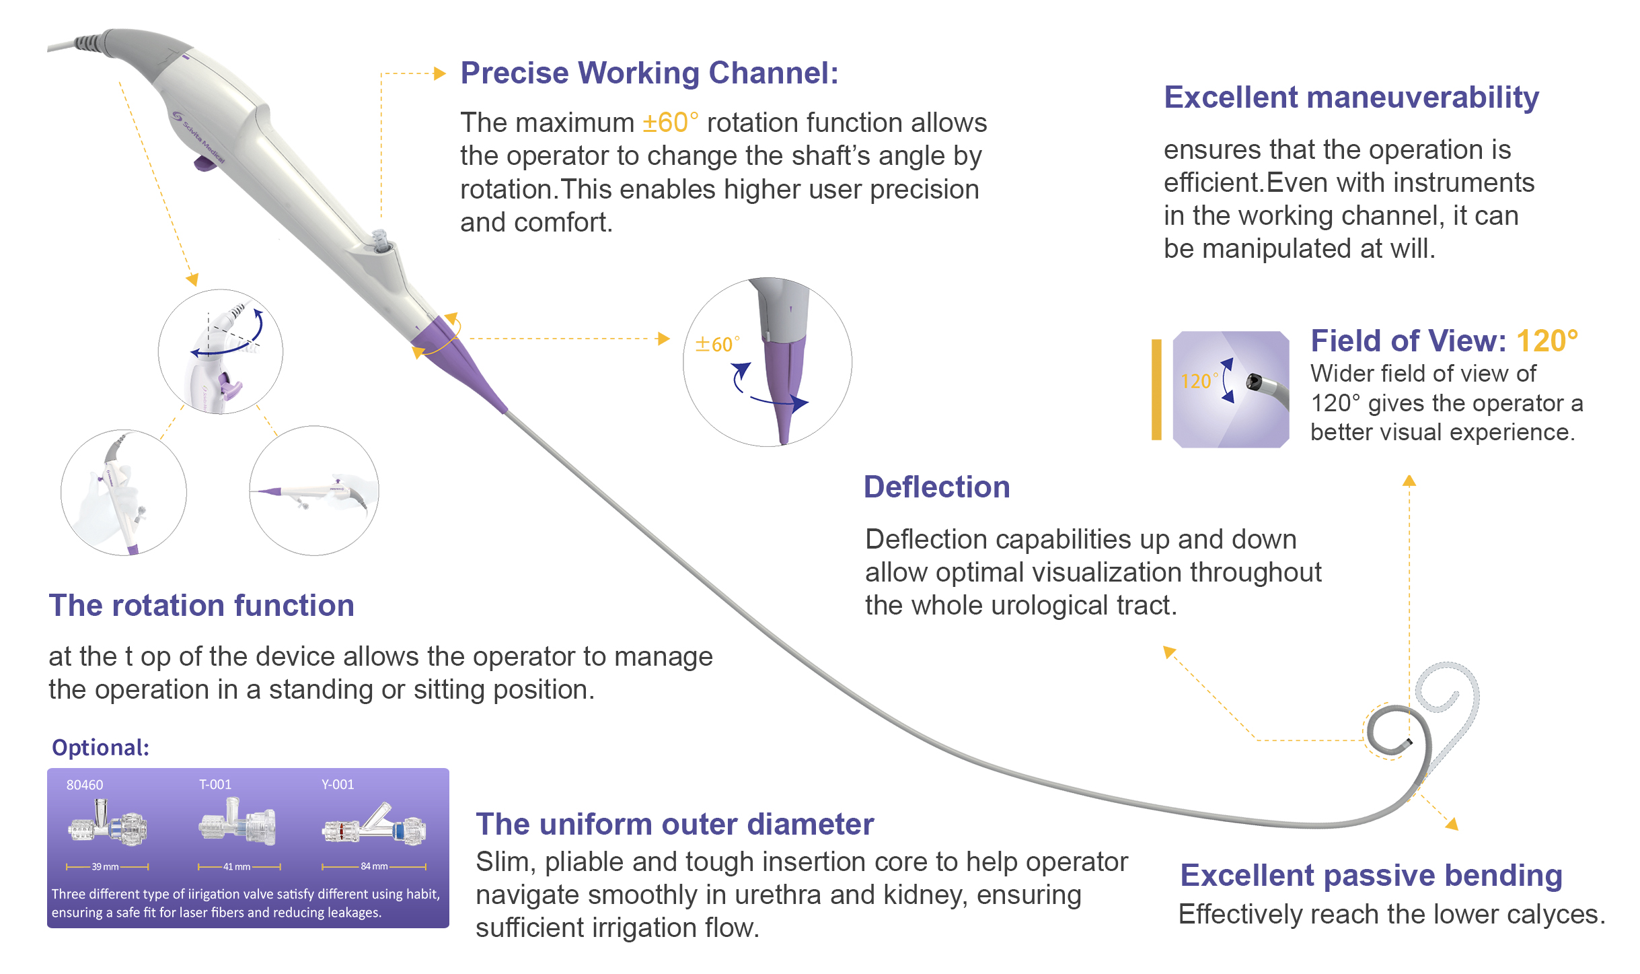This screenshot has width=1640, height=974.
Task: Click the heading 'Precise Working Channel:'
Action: (x=649, y=73)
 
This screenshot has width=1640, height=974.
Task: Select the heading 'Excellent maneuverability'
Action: (x=1351, y=98)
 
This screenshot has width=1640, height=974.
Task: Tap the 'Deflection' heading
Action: (x=936, y=487)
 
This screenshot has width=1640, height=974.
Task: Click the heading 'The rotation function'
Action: (x=201, y=605)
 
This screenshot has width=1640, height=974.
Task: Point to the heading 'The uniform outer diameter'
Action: (x=674, y=825)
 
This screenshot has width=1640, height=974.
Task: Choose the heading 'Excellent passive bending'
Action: (x=1370, y=876)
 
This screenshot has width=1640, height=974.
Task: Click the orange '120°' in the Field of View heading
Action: (x=1546, y=341)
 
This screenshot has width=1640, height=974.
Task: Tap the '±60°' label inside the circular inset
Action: (x=717, y=345)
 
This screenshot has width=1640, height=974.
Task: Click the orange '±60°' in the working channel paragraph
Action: (x=670, y=123)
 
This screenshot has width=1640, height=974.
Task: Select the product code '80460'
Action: (x=85, y=785)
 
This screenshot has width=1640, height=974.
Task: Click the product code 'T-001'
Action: (x=215, y=785)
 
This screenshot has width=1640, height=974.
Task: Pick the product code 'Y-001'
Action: (x=338, y=785)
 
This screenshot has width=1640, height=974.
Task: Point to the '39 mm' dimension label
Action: (x=106, y=867)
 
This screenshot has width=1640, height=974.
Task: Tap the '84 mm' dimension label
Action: (x=374, y=866)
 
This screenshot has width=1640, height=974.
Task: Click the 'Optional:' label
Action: (x=100, y=748)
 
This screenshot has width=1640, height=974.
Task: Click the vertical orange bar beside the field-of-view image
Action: (x=1156, y=390)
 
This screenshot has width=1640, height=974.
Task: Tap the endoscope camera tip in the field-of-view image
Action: (x=1253, y=382)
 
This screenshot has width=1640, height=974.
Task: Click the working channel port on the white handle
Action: (x=381, y=241)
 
